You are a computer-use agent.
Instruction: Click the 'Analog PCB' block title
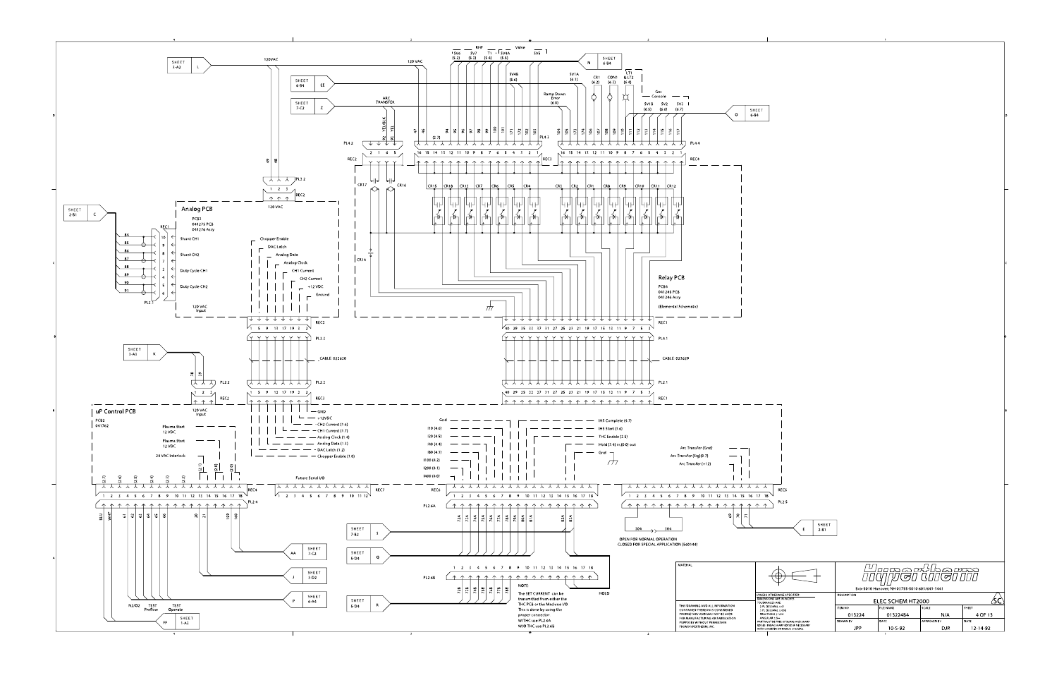(197, 210)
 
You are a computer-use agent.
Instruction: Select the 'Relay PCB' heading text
(671, 278)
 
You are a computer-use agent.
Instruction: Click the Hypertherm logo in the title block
(920, 572)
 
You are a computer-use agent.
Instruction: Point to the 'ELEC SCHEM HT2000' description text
(905, 600)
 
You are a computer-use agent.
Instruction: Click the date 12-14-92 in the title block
(981, 627)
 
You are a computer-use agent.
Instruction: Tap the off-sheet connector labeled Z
(322, 107)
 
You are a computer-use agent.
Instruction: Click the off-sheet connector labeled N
(589, 61)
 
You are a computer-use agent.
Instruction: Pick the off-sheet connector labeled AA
(293, 551)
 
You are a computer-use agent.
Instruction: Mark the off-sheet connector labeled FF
(166, 622)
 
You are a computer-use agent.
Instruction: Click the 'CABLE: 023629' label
(675, 358)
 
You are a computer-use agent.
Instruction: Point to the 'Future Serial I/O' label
(311, 478)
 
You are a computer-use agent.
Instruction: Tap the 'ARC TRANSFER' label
(386, 100)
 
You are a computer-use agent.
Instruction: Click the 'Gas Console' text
(659, 94)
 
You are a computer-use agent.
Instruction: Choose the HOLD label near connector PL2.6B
(604, 593)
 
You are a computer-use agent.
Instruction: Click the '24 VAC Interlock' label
(171, 456)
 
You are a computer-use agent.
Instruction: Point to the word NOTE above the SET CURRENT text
(522, 585)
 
